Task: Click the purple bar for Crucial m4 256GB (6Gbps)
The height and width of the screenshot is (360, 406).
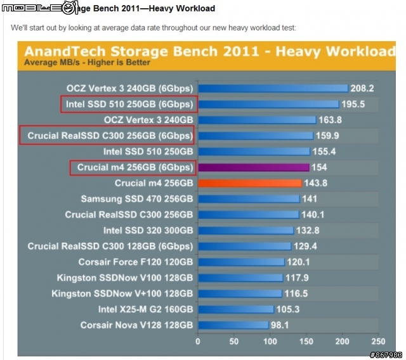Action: coord(253,167)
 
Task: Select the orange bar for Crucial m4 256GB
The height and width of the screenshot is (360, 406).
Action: coord(249,183)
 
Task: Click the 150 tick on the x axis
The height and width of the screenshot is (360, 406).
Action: coord(306,341)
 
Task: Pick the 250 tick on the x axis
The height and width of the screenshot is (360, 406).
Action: coord(378,341)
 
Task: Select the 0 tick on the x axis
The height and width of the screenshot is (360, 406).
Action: coord(198,341)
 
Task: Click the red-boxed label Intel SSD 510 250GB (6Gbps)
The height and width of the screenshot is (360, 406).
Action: coord(128,104)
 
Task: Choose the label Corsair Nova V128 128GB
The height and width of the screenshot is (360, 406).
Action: coord(136,325)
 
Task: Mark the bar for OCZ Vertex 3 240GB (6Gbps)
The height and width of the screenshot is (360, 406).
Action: coord(273,88)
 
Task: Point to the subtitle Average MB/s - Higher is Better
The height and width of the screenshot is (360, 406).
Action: coord(87,63)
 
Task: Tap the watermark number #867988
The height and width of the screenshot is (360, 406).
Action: coord(386,354)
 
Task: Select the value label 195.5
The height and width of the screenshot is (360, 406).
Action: coord(353,104)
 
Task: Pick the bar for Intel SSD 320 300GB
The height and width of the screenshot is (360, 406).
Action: coord(246,231)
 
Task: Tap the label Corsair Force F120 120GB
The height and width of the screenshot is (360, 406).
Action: coord(135,262)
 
